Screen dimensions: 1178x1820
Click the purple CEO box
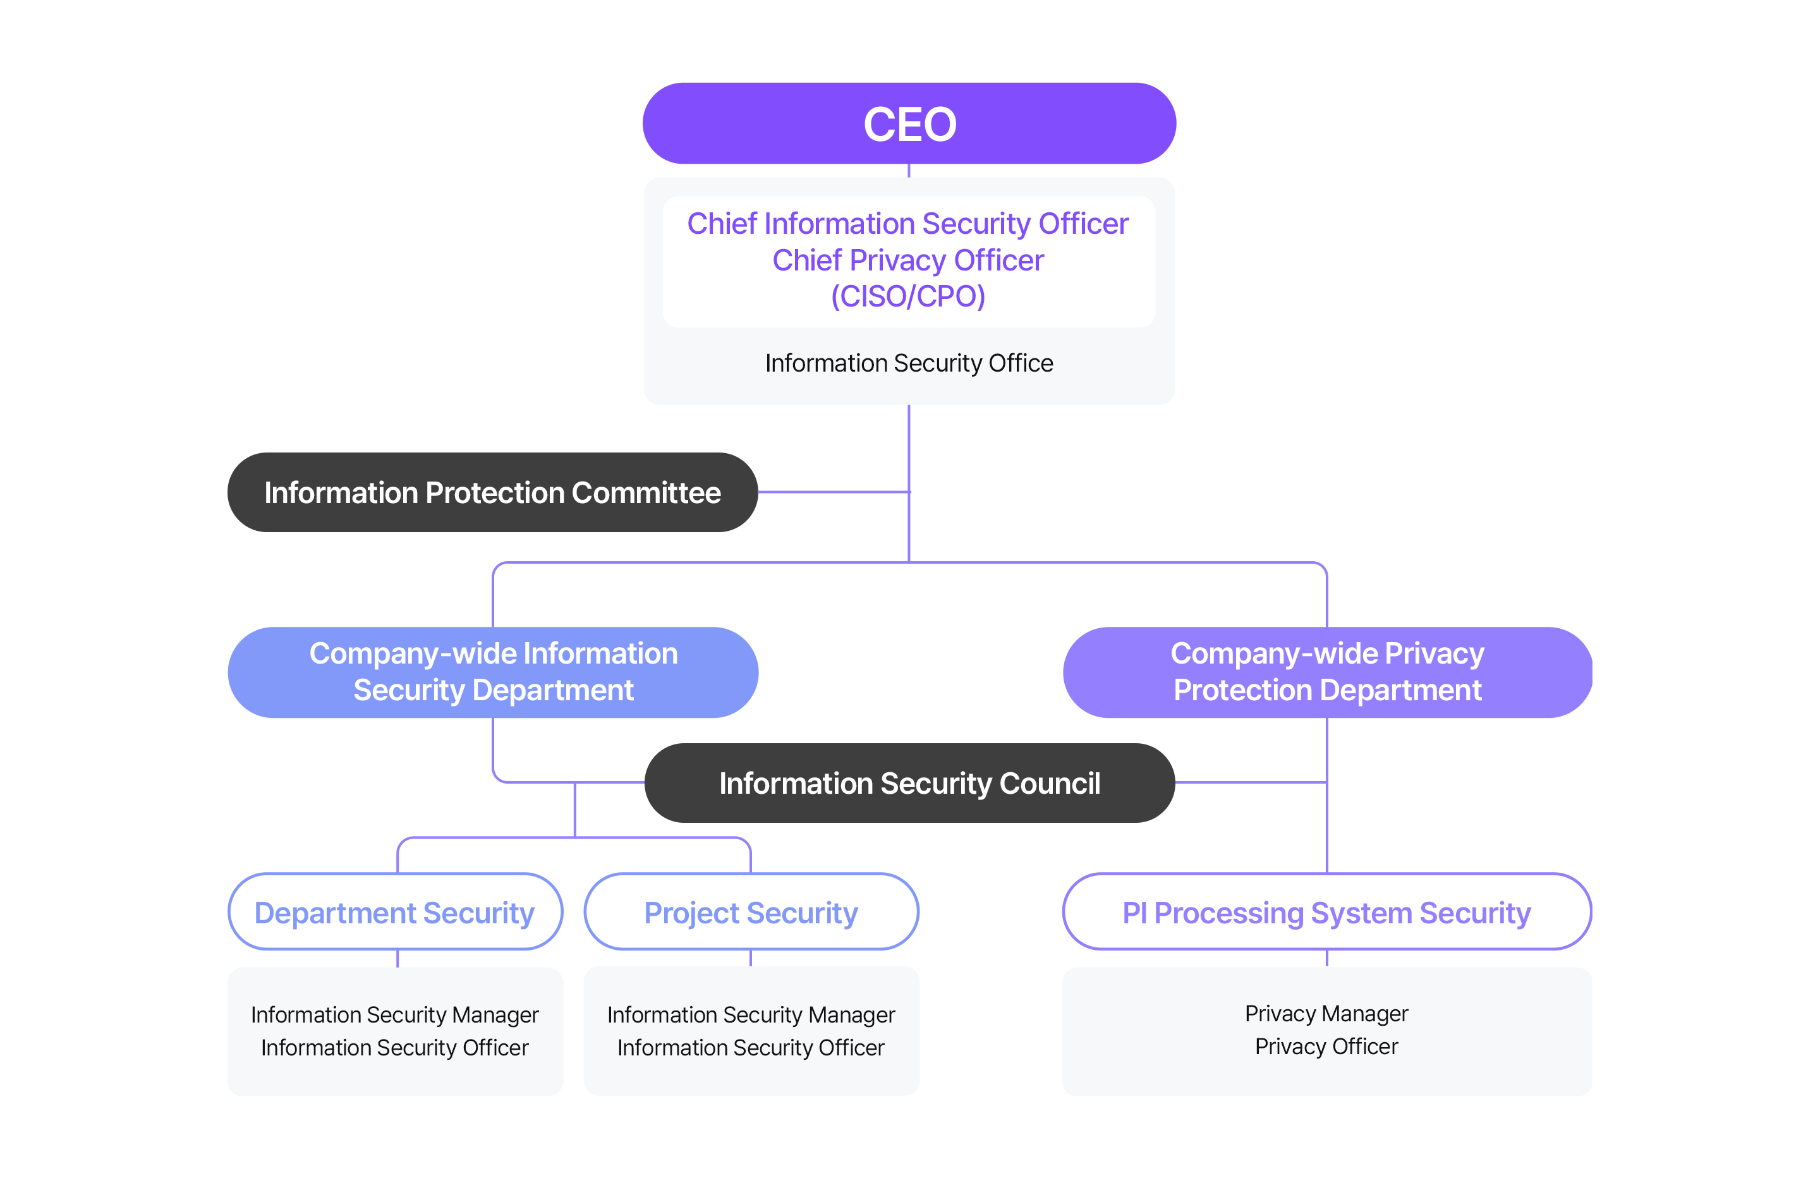pos(909,123)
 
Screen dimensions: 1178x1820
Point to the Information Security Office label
pos(909,363)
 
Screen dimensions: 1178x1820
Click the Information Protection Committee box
pos(492,492)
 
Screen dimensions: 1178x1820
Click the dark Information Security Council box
pos(909,783)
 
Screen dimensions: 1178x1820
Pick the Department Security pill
pos(394,913)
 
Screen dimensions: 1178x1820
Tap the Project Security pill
pos(751,913)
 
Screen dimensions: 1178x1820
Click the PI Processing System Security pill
pos(1326,913)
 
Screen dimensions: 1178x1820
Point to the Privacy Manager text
pos(1326,1014)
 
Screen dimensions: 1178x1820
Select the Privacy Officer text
pos(1326,1047)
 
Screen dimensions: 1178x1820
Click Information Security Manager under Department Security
pos(394,1014)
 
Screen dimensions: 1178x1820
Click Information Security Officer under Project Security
pos(751,1047)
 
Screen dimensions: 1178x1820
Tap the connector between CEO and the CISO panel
pos(909,171)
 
